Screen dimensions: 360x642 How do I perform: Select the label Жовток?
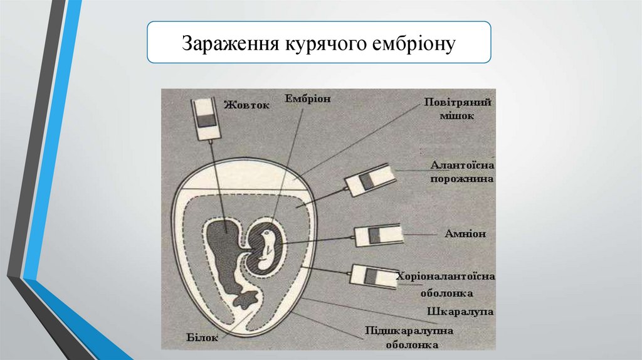point(248,105)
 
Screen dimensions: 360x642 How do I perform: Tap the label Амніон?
point(463,233)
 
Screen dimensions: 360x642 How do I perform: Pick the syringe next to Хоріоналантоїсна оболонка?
point(373,276)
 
